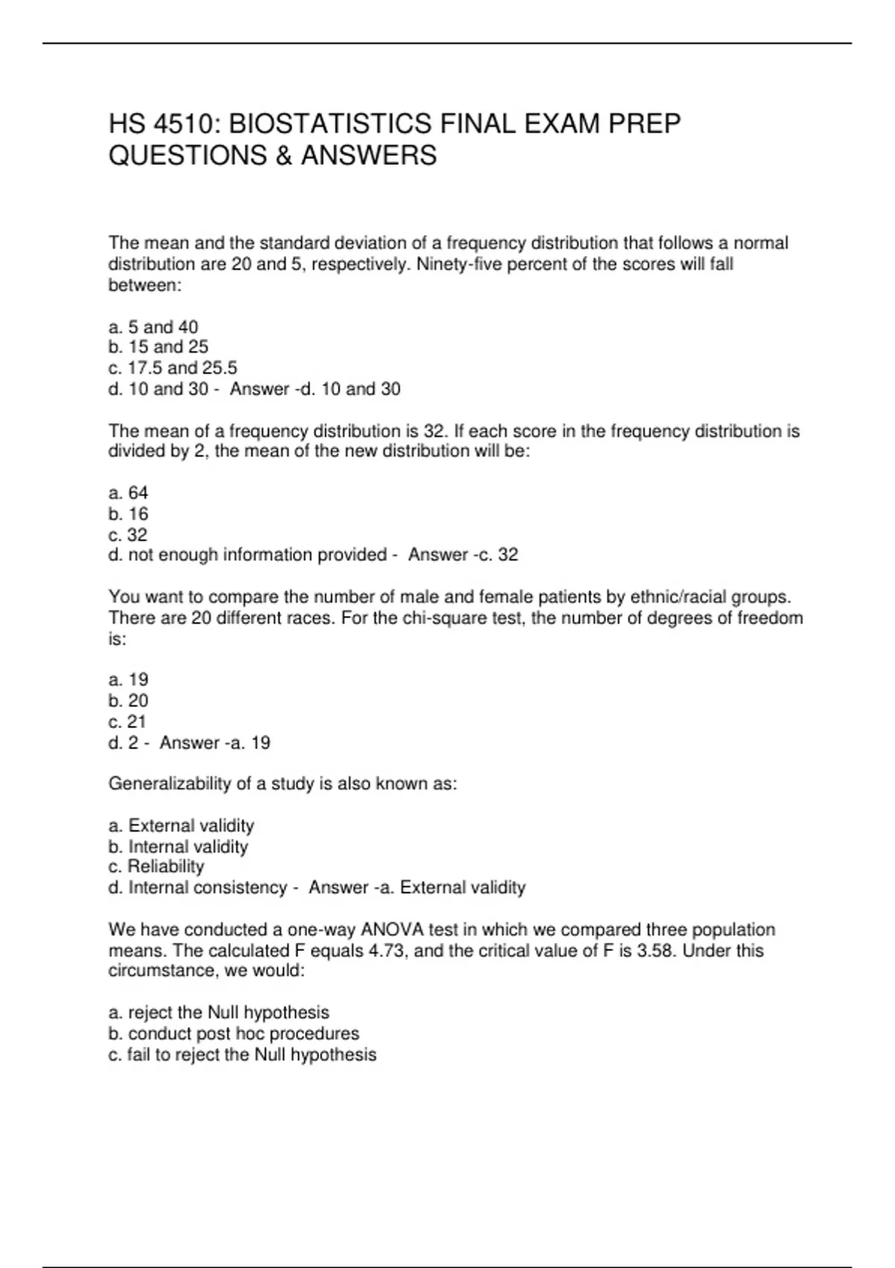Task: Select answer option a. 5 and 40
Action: click(x=153, y=327)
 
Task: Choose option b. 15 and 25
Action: click(x=158, y=347)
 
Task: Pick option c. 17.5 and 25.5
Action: click(x=172, y=368)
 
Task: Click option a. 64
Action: click(x=128, y=493)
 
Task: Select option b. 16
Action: click(x=128, y=514)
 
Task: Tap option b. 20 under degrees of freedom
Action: click(x=128, y=700)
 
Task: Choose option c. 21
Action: click(x=128, y=721)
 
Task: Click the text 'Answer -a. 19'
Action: click(x=215, y=743)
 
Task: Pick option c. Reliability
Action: click(x=156, y=867)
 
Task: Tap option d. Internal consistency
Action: click(x=198, y=888)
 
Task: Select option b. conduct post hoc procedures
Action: click(x=233, y=1034)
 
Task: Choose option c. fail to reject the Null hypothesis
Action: click(x=242, y=1055)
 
